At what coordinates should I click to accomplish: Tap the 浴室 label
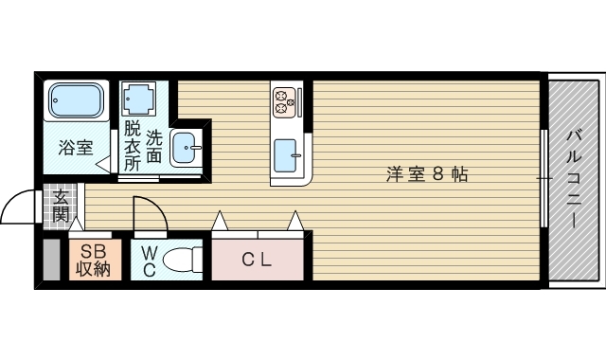pos(76,148)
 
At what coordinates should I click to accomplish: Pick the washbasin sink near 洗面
pos(187,149)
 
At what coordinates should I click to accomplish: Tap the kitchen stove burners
pos(285,99)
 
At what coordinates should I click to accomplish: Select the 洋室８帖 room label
pos(426,174)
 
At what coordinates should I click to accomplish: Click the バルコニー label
pos(574,180)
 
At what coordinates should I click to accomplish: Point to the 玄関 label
pos(61,207)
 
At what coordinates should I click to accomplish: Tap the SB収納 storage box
pos(95,260)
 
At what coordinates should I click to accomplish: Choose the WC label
pos(150,260)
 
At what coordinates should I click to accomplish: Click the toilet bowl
pos(186,259)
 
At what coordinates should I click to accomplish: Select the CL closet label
pos(257,260)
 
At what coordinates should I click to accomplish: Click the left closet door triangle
pos(220,222)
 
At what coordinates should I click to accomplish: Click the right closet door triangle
pos(296,222)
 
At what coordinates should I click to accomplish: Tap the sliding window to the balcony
pos(544,179)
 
